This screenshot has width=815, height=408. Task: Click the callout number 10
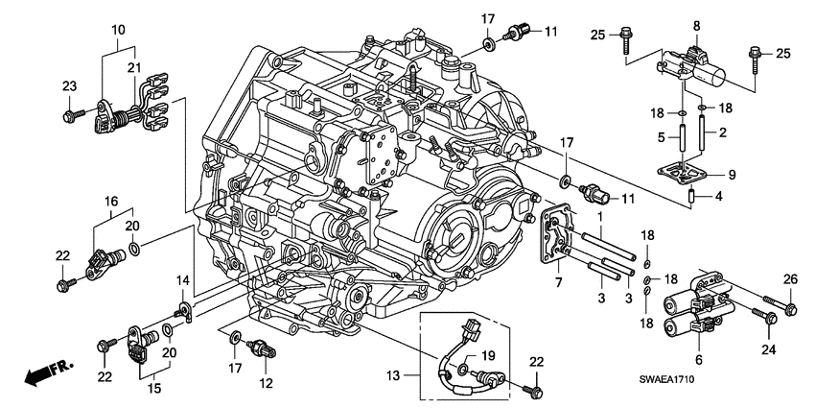click(x=118, y=32)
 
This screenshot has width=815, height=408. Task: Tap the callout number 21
click(x=133, y=66)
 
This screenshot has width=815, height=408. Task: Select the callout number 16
click(x=111, y=203)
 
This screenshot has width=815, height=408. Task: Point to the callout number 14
click(x=178, y=279)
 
